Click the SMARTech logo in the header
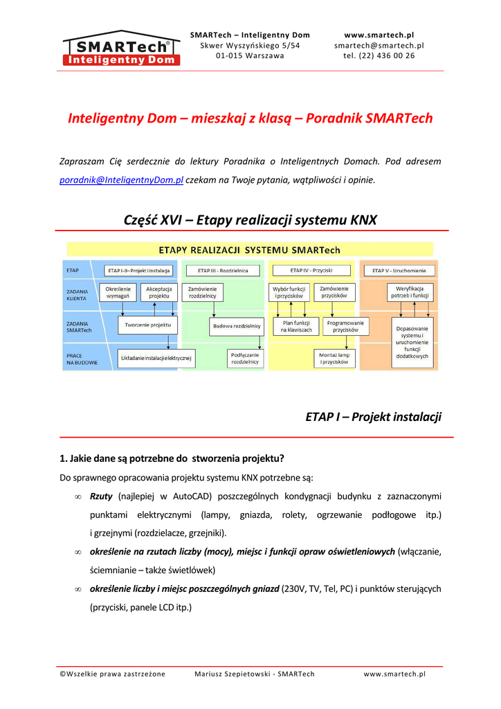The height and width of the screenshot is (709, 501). pos(121,48)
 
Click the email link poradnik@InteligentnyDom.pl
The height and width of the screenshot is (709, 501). pos(121,180)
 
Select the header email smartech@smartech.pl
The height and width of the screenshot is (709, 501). pos(379,46)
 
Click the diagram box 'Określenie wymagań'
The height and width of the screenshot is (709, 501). pos(118,291)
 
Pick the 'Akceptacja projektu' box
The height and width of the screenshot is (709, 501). pos(158,291)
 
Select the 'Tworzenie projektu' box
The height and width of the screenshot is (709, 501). pos(148,325)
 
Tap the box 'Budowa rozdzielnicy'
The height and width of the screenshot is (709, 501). pos(237,325)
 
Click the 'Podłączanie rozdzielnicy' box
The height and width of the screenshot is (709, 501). pos(245,358)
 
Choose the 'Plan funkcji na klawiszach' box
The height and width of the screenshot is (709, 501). pos(296,326)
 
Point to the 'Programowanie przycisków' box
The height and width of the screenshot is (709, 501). pos(345,326)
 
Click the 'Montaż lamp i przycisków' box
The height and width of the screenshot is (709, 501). pos(334,358)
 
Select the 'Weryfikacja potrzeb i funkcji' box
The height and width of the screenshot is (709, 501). pos(410,291)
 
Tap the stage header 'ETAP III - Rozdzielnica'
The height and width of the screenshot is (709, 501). pos(222,270)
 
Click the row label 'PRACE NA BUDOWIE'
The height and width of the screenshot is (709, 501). pos(82,359)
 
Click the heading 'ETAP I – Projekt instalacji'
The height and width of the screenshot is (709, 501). pos(373,417)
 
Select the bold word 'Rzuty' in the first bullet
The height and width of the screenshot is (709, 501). pos(102,496)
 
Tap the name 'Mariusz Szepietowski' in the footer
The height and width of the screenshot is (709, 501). pos(231,674)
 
